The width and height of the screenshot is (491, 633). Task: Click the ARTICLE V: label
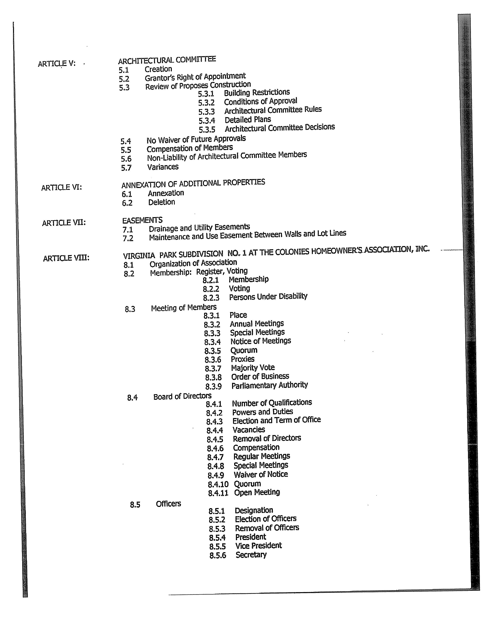tap(57, 63)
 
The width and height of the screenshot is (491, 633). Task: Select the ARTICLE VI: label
tap(61, 188)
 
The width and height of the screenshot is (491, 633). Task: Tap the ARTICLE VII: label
tap(64, 223)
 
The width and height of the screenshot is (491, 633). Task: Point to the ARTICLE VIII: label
tap(66, 258)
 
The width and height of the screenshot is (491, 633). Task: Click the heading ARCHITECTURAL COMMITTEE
tap(167, 60)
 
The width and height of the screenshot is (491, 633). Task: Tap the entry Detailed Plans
tap(248, 120)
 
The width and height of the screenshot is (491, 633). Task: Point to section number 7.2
tap(128, 238)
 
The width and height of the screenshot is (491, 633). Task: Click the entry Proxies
tap(242, 359)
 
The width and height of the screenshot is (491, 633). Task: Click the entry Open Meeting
tap(257, 492)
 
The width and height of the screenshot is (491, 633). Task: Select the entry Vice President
tap(258, 546)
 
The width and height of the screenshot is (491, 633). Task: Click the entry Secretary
tap(251, 555)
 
